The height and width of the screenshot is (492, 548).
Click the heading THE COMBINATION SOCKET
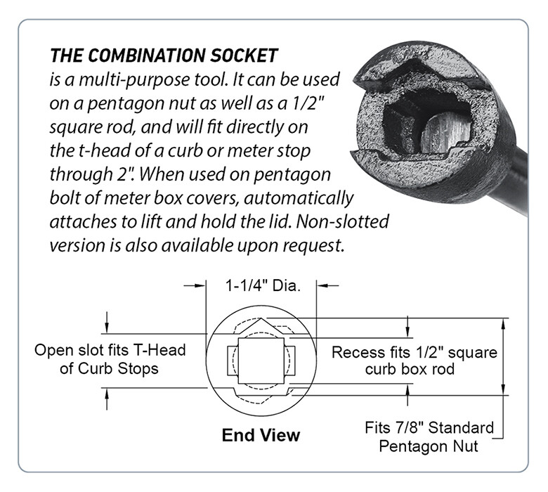[164, 54]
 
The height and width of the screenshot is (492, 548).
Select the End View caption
[261, 435]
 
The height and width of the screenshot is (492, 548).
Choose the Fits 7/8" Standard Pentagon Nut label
[429, 436]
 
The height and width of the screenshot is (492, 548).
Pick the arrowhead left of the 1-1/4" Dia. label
[201, 286]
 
